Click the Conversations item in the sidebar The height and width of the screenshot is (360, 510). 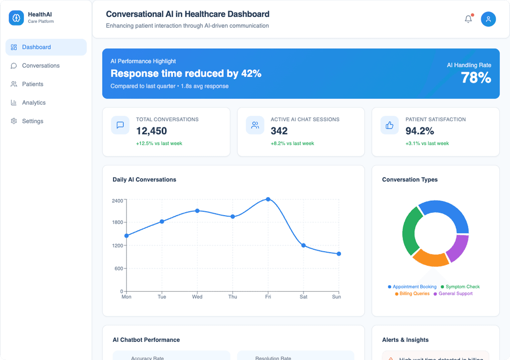point(40,66)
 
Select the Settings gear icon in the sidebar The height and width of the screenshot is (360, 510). point(14,121)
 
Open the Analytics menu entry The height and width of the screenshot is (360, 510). point(33,103)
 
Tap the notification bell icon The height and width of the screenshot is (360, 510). point(468,19)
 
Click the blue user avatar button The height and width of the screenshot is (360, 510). point(488,19)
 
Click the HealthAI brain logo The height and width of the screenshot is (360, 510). point(16,18)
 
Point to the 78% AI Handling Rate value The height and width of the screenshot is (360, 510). point(476,78)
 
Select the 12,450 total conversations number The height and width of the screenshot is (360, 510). point(151,131)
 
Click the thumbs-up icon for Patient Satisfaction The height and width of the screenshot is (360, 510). point(389,125)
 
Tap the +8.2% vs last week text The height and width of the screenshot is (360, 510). point(292,143)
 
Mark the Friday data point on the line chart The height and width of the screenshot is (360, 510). point(268,199)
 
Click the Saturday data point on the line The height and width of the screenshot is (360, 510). point(303,245)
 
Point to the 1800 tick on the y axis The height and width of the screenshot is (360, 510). point(118,222)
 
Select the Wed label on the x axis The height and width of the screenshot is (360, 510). point(197,297)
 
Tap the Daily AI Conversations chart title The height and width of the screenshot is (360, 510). point(144,180)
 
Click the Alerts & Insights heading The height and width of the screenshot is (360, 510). point(405,340)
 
